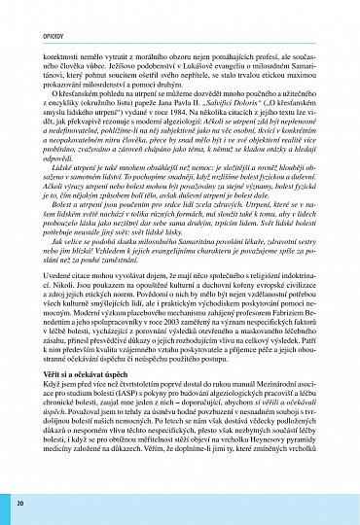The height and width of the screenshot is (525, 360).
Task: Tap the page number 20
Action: click(19, 504)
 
